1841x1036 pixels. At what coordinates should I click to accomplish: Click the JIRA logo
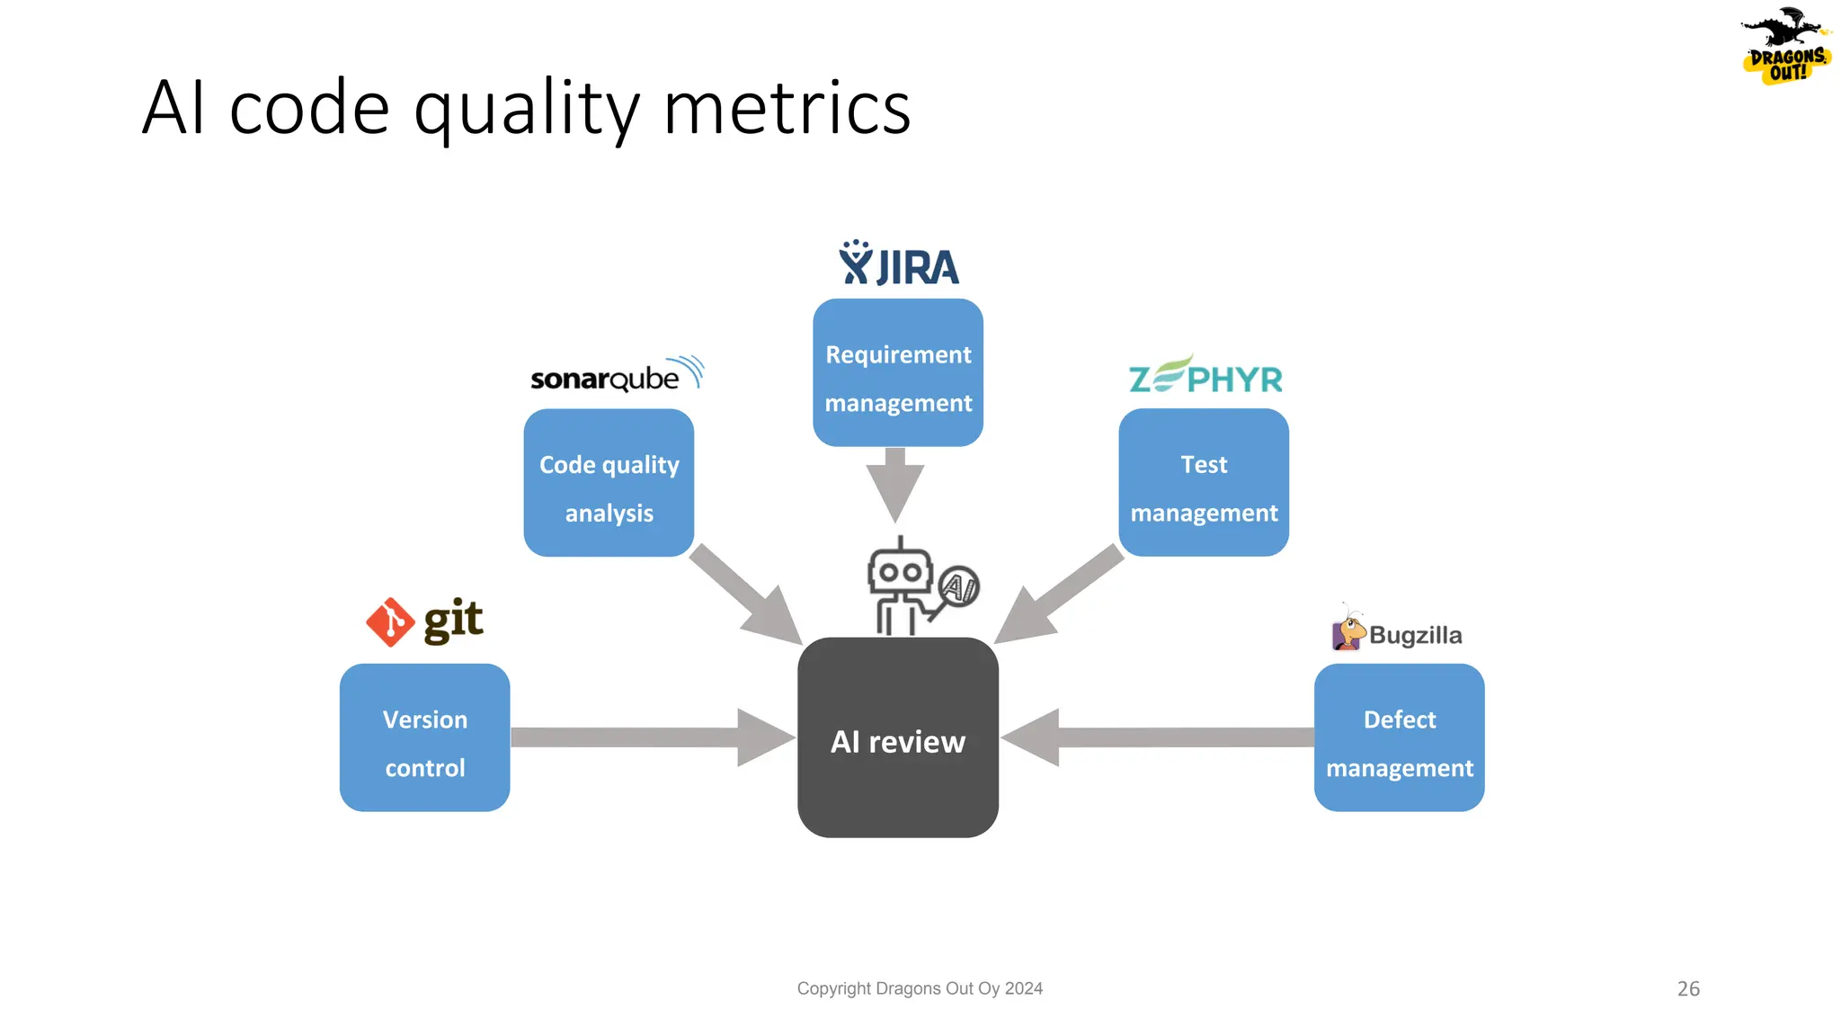898,264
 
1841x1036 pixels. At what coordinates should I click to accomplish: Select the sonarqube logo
616,375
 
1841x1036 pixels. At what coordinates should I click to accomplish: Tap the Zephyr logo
1205,376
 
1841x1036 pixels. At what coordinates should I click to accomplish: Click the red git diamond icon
390,622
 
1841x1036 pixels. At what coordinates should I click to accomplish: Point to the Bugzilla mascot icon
1347,630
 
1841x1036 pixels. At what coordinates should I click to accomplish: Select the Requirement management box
898,373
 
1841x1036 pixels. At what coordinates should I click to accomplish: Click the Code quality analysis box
609,483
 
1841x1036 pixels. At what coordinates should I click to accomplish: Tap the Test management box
1204,483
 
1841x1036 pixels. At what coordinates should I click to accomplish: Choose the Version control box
424,737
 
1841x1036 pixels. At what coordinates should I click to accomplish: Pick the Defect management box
1399,737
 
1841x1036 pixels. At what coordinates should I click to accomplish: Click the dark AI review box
898,738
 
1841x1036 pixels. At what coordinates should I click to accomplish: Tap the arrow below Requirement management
895,486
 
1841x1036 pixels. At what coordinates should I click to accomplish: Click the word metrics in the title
787,108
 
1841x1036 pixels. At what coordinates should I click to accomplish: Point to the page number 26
1688,988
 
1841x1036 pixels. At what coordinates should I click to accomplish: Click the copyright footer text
920,988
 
